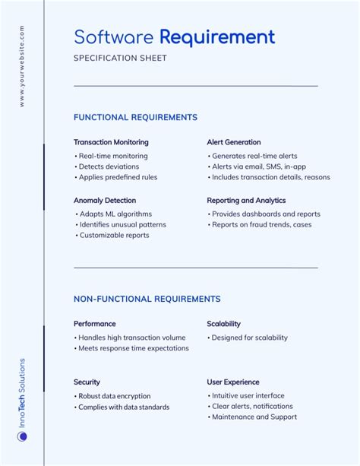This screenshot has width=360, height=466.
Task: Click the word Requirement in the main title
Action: click(217, 36)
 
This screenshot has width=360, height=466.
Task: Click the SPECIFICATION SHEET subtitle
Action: click(120, 59)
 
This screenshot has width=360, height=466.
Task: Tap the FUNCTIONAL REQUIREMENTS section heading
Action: click(135, 117)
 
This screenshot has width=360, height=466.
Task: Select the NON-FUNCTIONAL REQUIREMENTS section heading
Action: click(147, 299)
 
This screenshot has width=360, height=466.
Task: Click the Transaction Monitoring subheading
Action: click(111, 142)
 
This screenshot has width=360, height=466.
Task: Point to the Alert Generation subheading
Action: click(233, 142)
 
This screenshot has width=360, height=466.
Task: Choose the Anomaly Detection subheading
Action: click(105, 201)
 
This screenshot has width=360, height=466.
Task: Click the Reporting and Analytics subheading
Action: click(246, 201)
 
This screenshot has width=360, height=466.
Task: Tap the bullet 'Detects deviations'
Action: click(109, 166)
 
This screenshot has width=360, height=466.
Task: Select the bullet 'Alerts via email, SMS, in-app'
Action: click(259, 166)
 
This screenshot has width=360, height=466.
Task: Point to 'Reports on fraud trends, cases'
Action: click(261, 225)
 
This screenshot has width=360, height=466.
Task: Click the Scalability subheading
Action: click(223, 324)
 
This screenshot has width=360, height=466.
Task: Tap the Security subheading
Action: click(87, 382)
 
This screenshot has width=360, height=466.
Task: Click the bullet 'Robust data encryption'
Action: click(115, 396)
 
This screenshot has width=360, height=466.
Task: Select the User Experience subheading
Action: click(232, 382)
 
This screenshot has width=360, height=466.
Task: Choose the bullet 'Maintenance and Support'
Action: click(254, 417)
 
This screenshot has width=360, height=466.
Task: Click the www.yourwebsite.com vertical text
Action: click(22, 65)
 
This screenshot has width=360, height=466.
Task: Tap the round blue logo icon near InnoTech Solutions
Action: click(22, 436)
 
